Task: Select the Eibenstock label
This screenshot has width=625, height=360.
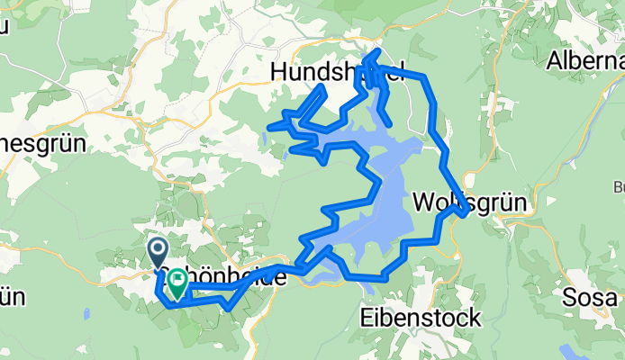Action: (420, 318)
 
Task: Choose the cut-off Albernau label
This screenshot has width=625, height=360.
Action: (585, 61)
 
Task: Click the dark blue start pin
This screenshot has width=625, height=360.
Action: (157, 250)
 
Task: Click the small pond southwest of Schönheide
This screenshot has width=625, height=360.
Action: (86, 314)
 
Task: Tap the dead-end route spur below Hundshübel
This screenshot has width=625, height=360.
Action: (388, 122)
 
